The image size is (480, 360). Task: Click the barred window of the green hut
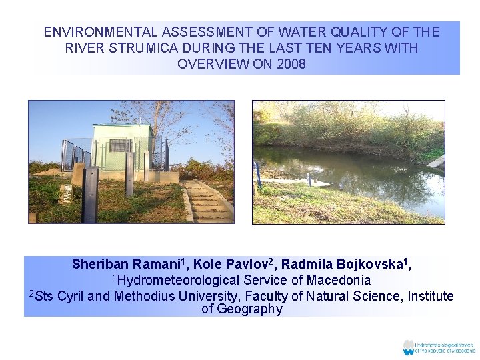click(120, 145)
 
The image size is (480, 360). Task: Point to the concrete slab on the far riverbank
click(436, 161)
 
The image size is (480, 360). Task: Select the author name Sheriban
click(101, 265)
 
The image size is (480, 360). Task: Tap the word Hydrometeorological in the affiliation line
click(175, 281)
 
